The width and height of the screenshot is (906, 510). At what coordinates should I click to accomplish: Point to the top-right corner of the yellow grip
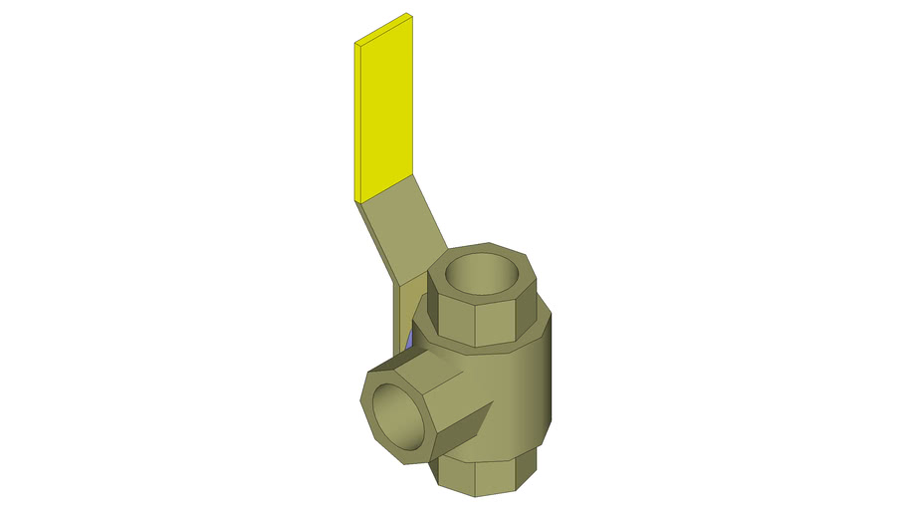click(x=412, y=15)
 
